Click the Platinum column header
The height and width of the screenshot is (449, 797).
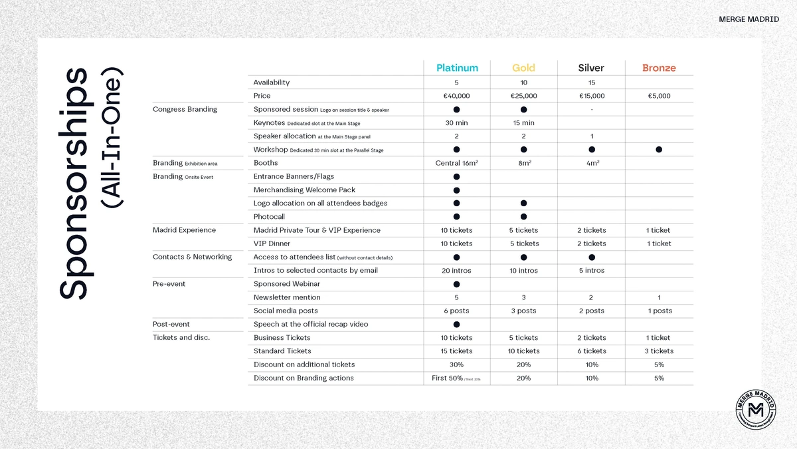coord(457,68)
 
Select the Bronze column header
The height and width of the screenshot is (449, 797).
coord(659,68)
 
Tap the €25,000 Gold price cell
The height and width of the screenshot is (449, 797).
coord(523,96)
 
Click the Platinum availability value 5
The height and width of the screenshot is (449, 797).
coord(456,82)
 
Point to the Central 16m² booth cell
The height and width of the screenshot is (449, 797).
coord(456,163)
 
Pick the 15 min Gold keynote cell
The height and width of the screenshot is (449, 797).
coord(523,123)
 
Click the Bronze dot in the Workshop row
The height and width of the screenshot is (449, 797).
coord(659,150)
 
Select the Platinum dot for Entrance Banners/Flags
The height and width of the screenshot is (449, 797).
coord(456,177)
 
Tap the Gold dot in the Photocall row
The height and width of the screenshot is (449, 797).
coord(523,217)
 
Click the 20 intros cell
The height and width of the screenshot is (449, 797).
coord(456,271)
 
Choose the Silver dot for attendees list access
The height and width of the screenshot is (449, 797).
coord(591,257)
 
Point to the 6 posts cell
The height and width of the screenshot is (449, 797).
coord(456,311)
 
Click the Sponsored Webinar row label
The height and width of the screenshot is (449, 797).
coord(287,284)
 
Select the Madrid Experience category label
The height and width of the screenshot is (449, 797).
coord(184,230)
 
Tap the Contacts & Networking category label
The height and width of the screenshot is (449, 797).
coord(192,257)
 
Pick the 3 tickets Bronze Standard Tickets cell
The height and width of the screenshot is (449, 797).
coord(659,351)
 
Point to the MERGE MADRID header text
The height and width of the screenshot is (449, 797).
coord(749,19)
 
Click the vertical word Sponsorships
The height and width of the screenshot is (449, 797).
coord(72,183)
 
